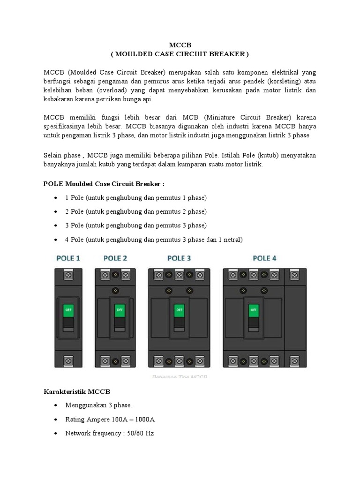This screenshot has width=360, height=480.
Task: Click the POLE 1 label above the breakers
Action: click(x=68, y=258)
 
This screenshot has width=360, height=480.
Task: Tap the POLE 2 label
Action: click(x=115, y=258)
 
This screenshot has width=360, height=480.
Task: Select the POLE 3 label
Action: click(x=179, y=258)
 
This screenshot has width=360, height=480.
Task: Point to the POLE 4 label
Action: click(x=264, y=258)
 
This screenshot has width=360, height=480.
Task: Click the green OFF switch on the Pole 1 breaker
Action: click(x=68, y=310)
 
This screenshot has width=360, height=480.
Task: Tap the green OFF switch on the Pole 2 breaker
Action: click(x=120, y=310)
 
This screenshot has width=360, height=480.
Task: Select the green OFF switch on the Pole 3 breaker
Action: click(x=179, y=310)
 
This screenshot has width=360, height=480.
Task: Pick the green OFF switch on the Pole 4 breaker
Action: click(x=254, y=310)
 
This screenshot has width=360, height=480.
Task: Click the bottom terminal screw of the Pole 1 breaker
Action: click(x=68, y=360)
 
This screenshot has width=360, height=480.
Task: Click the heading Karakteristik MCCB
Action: click(x=77, y=391)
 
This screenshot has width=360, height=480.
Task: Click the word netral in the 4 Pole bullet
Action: click(x=232, y=240)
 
